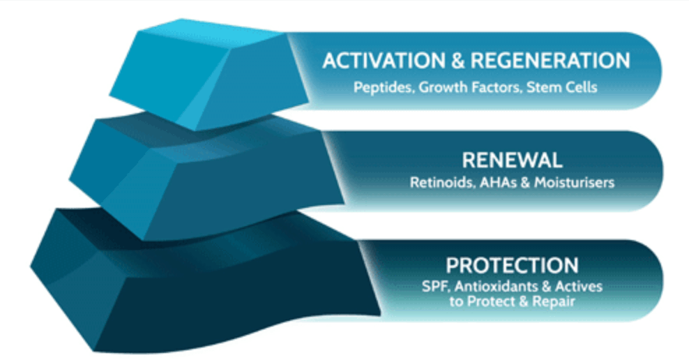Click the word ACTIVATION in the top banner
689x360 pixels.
pyautogui.click(x=384, y=61)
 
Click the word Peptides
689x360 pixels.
pyautogui.click(x=384, y=87)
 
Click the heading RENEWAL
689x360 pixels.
pyautogui.click(x=512, y=160)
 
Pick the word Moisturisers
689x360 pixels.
pyautogui.click(x=574, y=182)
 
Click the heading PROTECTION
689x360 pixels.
pyautogui.click(x=512, y=265)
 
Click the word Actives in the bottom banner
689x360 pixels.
pyautogui.click(x=578, y=287)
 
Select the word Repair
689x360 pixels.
pyautogui.click(x=554, y=301)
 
